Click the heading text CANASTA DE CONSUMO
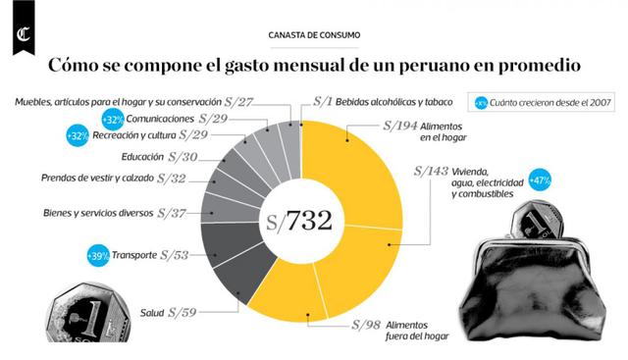(313, 35)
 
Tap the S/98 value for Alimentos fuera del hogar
(371, 325)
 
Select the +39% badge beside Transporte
(96, 255)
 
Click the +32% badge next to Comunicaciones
(111, 119)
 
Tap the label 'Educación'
(142, 157)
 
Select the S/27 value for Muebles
(239, 100)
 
